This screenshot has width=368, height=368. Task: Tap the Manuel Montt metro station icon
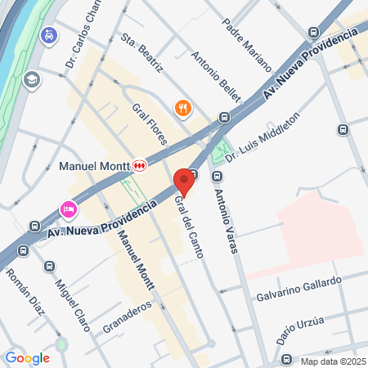(140, 165)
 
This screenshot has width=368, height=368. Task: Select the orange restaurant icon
(183, 107)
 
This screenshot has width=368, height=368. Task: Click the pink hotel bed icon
(68, 210)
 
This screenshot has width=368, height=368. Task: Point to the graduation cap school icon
(32, 79)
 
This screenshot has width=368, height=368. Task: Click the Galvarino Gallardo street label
(298, 287)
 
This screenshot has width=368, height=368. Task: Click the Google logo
(27, 357)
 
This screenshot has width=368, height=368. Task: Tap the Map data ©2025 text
(331, 361)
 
